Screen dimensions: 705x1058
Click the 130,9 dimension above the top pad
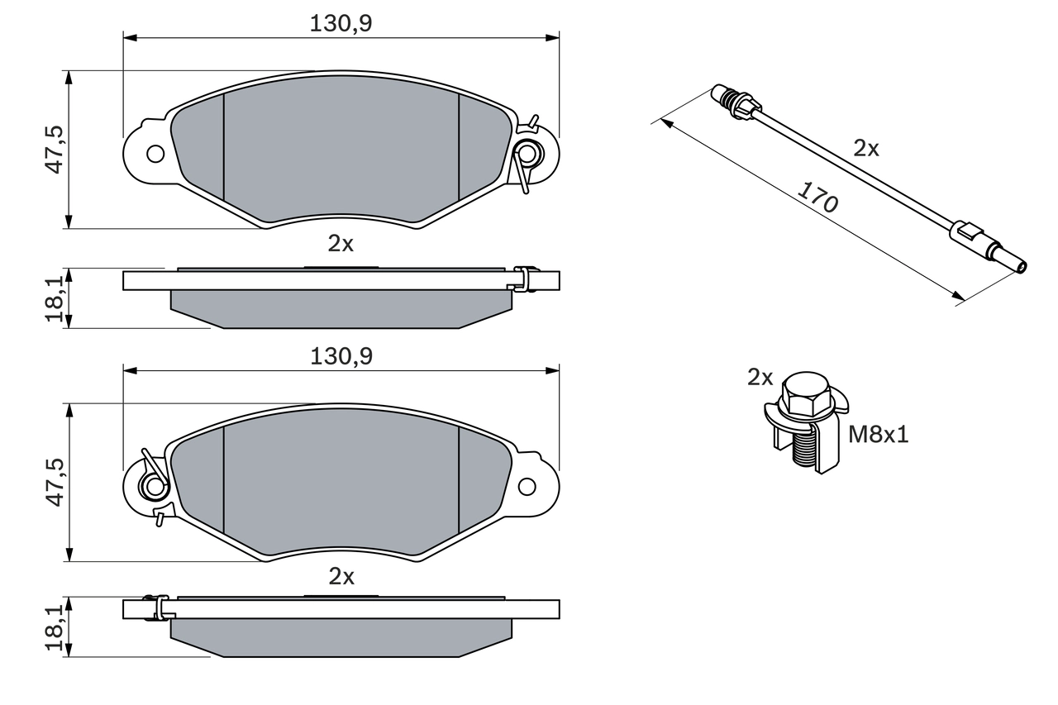(341, 24)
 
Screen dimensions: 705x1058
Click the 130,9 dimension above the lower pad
(341, 356)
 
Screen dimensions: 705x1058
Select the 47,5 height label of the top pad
(55, 150)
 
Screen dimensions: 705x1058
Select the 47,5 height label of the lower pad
(55, 483)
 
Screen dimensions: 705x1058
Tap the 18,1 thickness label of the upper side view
(55, 298)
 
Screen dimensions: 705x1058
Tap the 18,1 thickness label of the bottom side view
(55, 628)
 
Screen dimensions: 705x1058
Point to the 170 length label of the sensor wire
(817, 198)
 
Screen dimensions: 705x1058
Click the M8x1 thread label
(879, 435)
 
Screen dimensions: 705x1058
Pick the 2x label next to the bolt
(760, 378)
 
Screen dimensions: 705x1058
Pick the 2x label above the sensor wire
(866, 149)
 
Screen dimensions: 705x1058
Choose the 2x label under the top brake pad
(341, 244)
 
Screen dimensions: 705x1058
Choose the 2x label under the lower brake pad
(341, 577)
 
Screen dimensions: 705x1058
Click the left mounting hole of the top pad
(155, 153)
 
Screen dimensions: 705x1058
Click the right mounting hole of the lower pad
(527, 486)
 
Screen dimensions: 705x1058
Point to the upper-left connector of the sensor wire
(733, 102)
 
